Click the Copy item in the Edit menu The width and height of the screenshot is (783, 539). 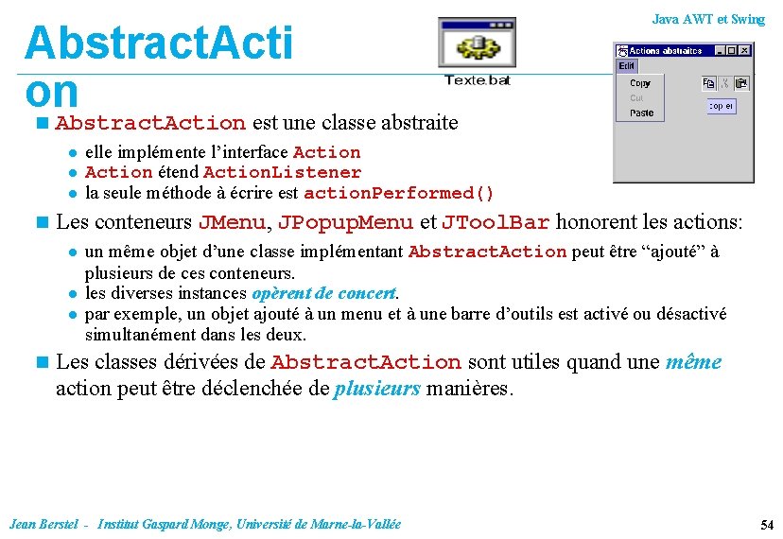pos(640,83)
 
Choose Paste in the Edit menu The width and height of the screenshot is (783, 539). pos(641,113)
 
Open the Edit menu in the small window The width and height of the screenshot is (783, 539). pos(626,66)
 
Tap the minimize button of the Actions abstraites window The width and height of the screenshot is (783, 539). pos(721,50)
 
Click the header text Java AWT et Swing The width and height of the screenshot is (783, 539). pos(708,19)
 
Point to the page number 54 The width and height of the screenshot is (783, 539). pos(767,525)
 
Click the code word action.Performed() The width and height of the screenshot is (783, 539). pos(398,193)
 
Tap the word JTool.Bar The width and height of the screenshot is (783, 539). pos(496,223)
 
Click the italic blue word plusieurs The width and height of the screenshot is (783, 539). pos(377,389)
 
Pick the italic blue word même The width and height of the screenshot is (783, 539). pos(693,362)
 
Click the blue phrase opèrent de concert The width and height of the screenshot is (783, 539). pos(324,293)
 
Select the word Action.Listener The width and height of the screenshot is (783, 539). pos(282,172)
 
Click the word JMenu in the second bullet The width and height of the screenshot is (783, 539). pos(232,223)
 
